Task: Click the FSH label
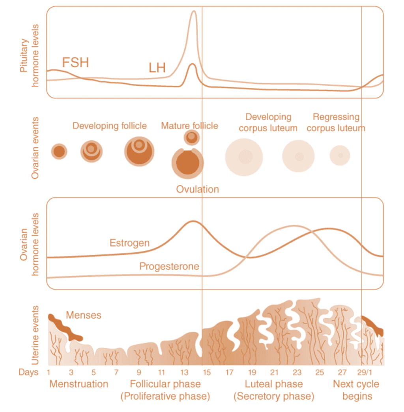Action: click(x=75, y=62)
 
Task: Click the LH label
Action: click(x=157, y=68)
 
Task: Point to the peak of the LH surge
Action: click(x=193, y=12)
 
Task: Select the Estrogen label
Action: click(x=129, y=242)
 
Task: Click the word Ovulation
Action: click(x=197, y=189)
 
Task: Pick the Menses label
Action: click(x=84, y=315)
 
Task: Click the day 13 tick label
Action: click(x=184, y=372)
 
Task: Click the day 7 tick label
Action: click(x=116, y=372)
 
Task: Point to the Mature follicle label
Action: click(x=189, y=126)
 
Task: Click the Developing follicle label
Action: click(x=110, y=126)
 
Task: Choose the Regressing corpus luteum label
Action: click(x=336, y=122)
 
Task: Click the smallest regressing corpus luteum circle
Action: click(x=340, y=155)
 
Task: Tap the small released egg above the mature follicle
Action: click(x=192, y=137)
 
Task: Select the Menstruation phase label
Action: click(x=79, y=384)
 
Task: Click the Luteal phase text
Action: click(x=274, y=384)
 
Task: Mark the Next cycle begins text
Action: click(x=356, y=390)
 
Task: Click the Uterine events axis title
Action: click(x=35, y=335)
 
